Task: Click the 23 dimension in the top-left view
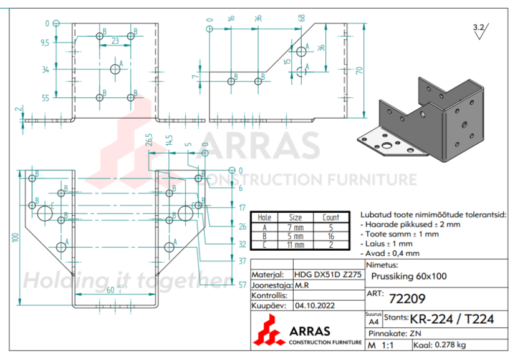(x=115, y=41)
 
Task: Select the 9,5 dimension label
(x=45, y=43)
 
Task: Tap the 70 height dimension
(x=359, y=71)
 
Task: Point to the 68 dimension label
(x=302, y=18)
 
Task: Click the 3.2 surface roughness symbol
(x=480, y=31)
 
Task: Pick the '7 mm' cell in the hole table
(x=296, y=228)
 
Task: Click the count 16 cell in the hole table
(x=331, y=236)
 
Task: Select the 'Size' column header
(x=296, y=217)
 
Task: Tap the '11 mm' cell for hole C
(x=296, y=245)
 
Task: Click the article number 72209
(x=407, y=298)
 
